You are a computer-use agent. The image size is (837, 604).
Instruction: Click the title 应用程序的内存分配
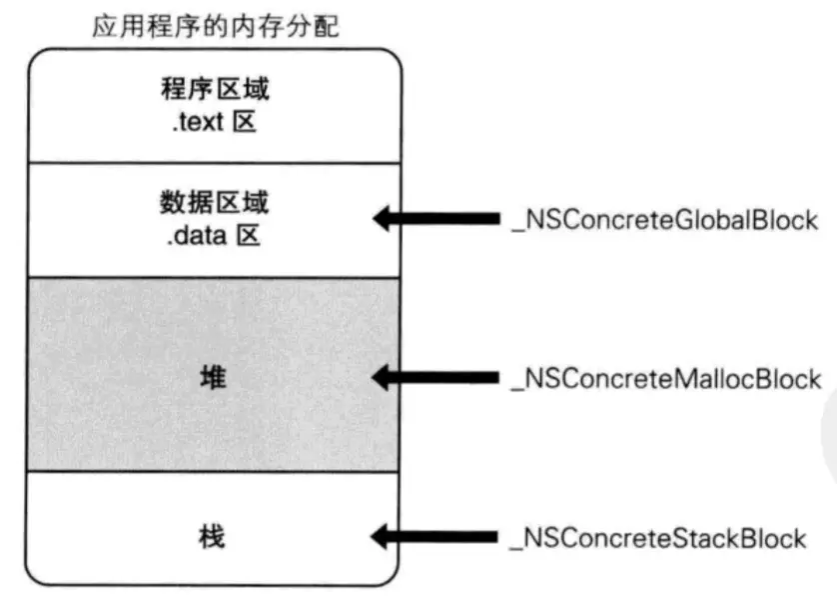tap(215, 26)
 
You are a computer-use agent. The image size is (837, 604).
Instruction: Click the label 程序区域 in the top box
tap(215, 92)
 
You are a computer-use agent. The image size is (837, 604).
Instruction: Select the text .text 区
tap(215, 126)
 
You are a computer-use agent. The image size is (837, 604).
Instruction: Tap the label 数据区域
tap(215, 204)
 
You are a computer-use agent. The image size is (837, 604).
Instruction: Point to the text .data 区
tap(215, 238)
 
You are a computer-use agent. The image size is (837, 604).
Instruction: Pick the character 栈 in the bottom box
tap(215, 537)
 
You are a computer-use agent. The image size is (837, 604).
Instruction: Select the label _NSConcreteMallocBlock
tap(665, 379)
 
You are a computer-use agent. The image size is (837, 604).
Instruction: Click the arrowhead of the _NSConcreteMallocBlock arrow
tap(386, 378)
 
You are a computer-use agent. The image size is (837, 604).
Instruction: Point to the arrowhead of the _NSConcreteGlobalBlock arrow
tap(386, 219)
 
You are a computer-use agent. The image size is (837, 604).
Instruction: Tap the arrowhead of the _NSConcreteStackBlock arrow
tap(386, 538)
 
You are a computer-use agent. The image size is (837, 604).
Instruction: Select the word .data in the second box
tap(195, 238)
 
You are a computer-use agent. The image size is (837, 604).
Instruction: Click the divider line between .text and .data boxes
tap(215, 163)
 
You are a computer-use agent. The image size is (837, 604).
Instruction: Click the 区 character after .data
tap(257, 238)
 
